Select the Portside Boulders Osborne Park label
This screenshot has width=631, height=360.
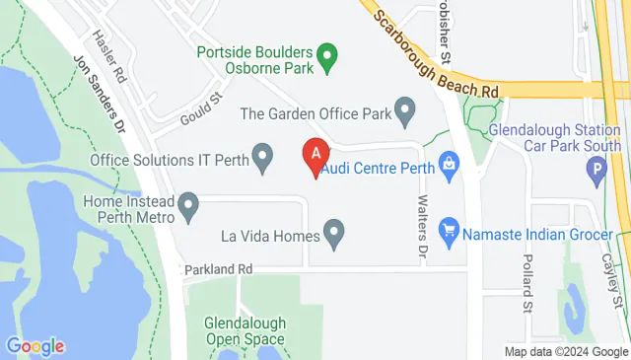click(x=255, y=60)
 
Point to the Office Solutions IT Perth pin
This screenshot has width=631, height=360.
click(x=262, y=157)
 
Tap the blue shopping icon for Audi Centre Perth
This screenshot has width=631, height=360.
click(x=448, y=165)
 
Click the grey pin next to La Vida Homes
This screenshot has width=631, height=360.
click(x=335, y=234)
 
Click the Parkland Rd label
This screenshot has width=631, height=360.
click(x=218, y=268)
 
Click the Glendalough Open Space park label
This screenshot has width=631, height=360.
click(x=245, y=330)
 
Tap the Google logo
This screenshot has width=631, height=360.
click(x=35, y=346)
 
